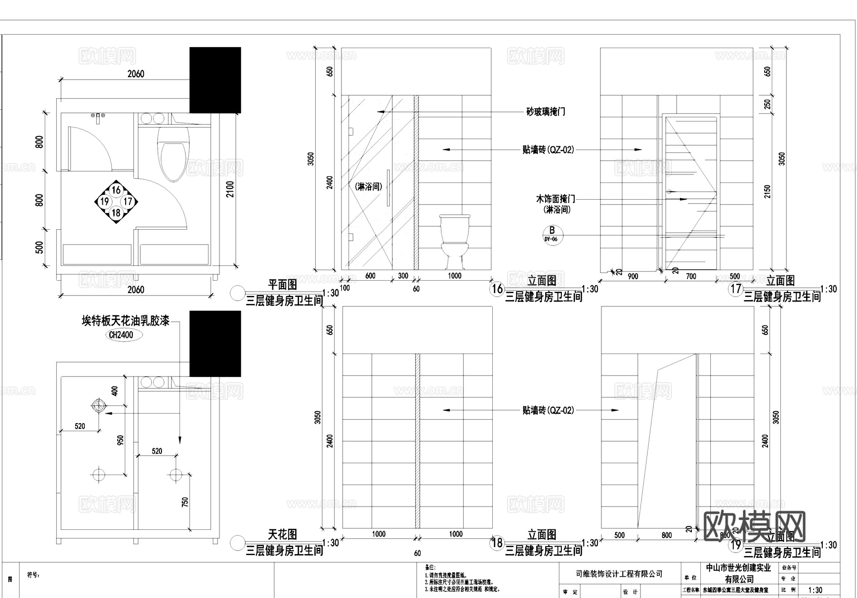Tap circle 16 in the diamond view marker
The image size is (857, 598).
pyautogui.click(x=116, y=190)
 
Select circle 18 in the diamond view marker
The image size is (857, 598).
pyautogui.click(x=116, y=213)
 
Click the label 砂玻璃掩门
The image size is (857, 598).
pyautogui.click(x=546, y=112)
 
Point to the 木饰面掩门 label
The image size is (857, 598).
pyautogui.click(x=555, y=199)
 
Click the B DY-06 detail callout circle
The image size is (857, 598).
pyautogui.click(x=552, y=234)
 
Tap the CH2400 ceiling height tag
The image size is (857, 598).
pyautogui.click(x=121, y=335)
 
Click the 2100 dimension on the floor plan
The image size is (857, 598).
pyautogui.click(x=230, y=189)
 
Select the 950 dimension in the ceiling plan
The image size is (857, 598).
pyautogui.click(x=120, y=440)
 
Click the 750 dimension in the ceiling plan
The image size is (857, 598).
pyautogui.click(x=185, y=502)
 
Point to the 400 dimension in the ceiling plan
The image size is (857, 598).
pyautogui.click(x=114, y=391)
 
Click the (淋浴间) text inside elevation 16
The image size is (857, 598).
pyautogui.click(x=369, y=187)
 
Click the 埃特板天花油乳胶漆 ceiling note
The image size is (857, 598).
pyautogui.click(x=126, y=321)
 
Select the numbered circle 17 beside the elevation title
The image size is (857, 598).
pyautogui.click(x=736, y=289)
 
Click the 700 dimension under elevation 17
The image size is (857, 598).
pyautogui.click(x=690, y=276)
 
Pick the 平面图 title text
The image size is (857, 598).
pyautogui.click(x=283, y=284)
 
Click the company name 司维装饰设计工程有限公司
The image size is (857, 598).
pyautogui.click(x=619, y=574)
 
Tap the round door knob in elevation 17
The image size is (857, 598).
pyautogui.click(x=669, y=192)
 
